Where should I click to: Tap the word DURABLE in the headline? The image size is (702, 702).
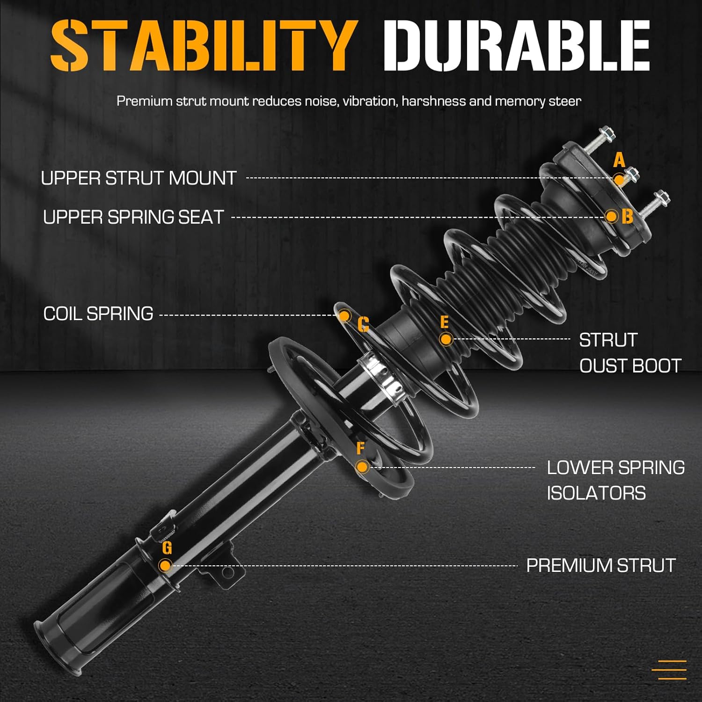tap(516, 46)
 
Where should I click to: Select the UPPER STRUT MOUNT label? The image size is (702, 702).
tap(139, 178)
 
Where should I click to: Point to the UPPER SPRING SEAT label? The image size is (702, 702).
tap(133, 217)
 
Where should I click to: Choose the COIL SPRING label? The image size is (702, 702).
tap(98, 314)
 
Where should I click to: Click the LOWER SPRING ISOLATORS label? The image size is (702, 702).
tap(615, 480)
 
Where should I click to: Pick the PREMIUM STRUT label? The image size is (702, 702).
tap(601, 565)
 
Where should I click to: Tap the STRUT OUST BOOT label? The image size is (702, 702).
tap(629, 353)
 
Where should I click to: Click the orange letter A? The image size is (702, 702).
tap(619, 161)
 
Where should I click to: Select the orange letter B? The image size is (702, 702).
tap(628, 217)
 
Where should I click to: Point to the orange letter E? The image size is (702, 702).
tap(444, 322)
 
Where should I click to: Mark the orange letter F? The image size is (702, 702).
tap(360, 448)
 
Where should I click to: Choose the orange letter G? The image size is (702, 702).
tap(167, 548)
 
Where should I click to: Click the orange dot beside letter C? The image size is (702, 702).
tap(344, 316)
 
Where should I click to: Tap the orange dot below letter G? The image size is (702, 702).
tap(165, 565)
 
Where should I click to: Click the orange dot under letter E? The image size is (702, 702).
tap(446, 339)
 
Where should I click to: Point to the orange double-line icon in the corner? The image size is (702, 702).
tap(672, 670)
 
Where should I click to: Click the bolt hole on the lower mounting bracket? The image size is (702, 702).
tap(228, 572)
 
